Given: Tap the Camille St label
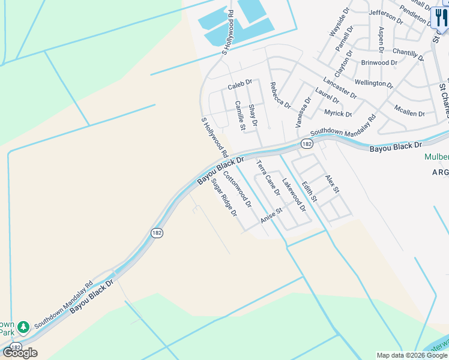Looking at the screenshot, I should pos(241,115).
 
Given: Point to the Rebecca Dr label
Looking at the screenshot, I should pos(280,95).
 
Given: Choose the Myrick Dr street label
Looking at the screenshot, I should pos(338,113).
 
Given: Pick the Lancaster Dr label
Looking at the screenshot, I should pos(340,88).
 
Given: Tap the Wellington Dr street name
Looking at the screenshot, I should pos(374,83).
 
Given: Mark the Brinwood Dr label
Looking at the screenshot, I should pos(379,62).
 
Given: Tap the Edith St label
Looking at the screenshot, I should pos(309,191).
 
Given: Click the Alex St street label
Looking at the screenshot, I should pos(333,184).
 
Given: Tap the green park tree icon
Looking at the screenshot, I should pos(23,327).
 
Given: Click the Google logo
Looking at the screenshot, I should pos(20,353).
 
